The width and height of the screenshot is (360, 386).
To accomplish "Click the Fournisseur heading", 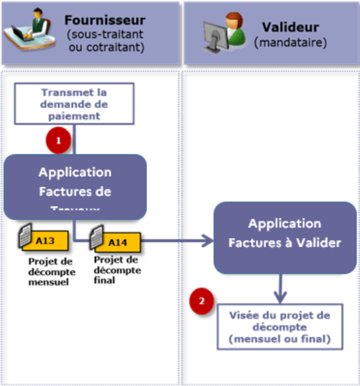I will (105, 21).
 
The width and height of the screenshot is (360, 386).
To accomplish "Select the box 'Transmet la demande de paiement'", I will (74, 104).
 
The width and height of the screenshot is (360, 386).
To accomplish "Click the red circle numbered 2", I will (202, 301).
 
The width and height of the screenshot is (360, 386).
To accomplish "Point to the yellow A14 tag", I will (120, 242).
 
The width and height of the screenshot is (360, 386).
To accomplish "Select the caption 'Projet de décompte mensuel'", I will (48, 272).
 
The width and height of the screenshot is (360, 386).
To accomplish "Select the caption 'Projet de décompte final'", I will (117, 270).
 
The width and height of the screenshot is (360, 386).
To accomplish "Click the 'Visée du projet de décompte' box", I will (280, 327).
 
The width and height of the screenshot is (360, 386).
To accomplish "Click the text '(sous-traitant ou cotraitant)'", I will (105, 40).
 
